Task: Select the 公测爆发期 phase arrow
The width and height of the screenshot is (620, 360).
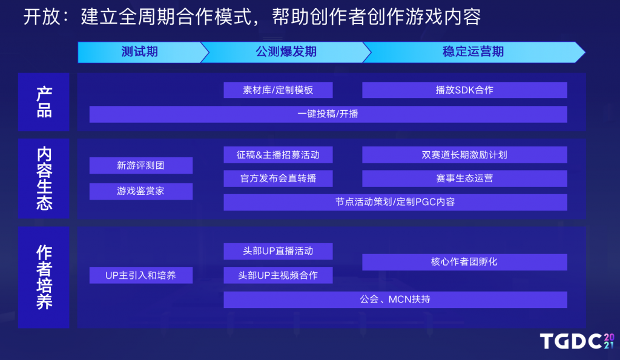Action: [x=286, y=52]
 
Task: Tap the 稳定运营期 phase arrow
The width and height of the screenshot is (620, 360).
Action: [x=473, y=52]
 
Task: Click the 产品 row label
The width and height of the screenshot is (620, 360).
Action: [x=44, y=102]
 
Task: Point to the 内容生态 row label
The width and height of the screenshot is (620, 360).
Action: [x=44, y=178]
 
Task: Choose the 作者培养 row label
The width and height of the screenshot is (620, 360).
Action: [x=44, y=277]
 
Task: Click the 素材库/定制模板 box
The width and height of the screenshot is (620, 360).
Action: [x=278, y=90]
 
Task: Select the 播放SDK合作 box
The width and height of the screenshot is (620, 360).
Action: [x=464, y=90]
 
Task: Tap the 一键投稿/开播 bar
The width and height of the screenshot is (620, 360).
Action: [x=328, y=114]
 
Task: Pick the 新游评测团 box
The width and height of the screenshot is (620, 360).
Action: [x=141, y=166]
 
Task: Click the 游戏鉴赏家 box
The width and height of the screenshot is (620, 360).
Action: [x=141, y=191]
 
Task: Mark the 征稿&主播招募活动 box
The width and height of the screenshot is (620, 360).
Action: [x=278, y=155]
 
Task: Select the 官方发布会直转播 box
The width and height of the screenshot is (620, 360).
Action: [x=278, y=178]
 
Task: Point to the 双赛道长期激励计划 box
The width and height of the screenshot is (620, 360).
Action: [x=464, y=155]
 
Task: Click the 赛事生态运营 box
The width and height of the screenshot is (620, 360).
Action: [x=464, y=178]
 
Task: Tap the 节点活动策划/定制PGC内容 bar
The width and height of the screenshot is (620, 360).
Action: [x=395, y=202]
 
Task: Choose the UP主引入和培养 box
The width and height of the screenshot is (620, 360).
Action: [x=141, y=275]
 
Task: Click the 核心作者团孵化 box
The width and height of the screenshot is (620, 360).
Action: [x=464, y=262]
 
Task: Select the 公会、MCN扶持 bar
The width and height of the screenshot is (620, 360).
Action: [x=395, y=299]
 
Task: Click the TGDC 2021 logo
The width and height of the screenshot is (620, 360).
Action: [x=577, y=341]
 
